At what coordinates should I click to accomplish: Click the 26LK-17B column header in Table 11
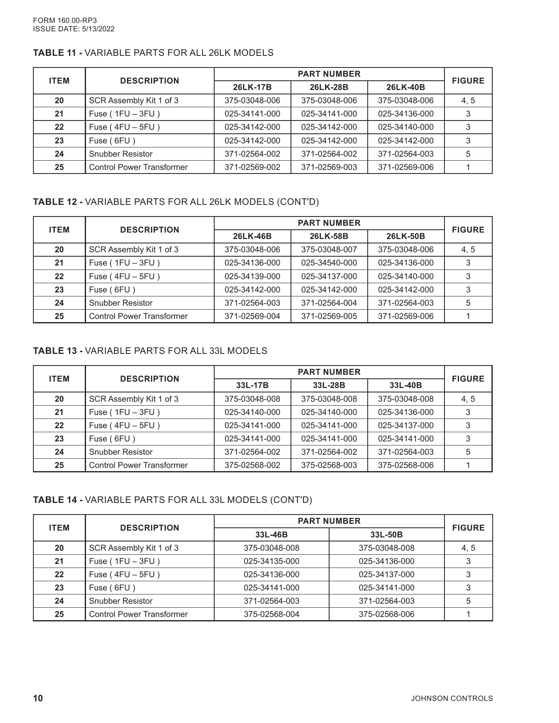click(x=252, y=87)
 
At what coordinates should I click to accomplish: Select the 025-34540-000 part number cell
click(x=329, y=263)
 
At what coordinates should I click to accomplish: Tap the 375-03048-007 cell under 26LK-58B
click(x=329, y=250)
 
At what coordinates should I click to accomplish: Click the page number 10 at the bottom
click(x=38, y=698)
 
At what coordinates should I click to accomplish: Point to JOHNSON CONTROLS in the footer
click(x=452, y=698)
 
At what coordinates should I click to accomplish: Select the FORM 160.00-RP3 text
click(x=65, y=20)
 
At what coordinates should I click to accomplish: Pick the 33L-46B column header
click(x=271, y=535)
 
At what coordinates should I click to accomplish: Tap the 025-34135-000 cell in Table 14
click(x=271, y=561)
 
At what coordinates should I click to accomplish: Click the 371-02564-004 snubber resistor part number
click(x=329, y=303)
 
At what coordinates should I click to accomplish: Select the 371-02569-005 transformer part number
click(x=329, y=316)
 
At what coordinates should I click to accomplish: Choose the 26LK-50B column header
click(x=405, y=236)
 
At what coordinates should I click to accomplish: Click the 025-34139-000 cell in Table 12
click(x=252, y=276)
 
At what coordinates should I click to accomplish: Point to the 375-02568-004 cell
click(x=271, y=614)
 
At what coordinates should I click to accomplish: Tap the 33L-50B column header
click(x=386, y=535)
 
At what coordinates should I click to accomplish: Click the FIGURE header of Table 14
click(x=468, y=528)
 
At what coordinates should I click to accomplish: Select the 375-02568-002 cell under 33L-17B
click(x=252, y=465)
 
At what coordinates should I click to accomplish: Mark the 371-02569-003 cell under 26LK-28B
click(x=329, y=167)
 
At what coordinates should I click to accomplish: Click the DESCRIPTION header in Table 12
click(x=149, y=230)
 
